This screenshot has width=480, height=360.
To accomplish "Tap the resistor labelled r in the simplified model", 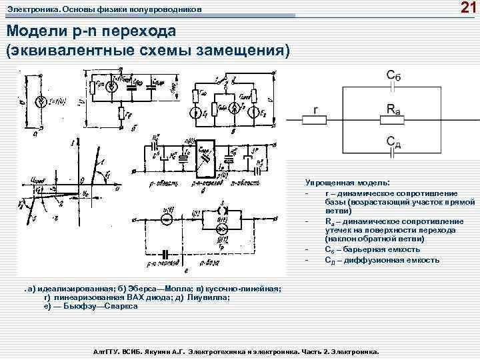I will pos(314,119).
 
